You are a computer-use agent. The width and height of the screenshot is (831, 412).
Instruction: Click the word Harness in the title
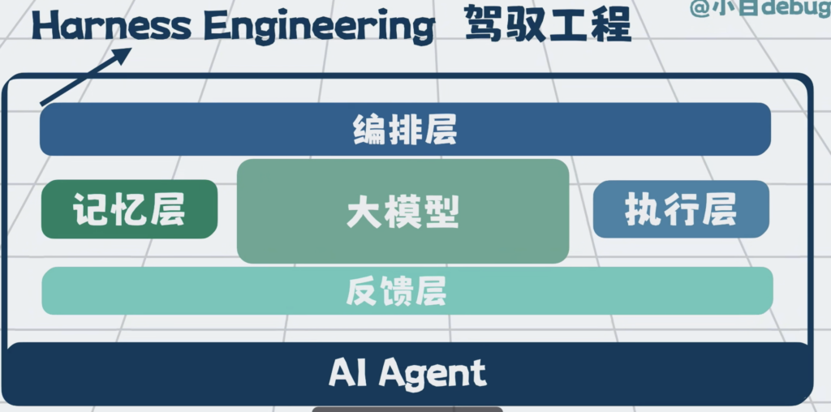point(110,26)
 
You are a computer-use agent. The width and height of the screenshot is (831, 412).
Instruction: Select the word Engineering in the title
point(319,28)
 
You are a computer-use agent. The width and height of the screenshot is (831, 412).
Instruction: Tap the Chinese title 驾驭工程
point(548,24)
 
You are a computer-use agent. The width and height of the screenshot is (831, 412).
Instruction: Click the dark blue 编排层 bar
point(406,129)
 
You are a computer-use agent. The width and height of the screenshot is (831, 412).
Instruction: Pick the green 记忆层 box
point(129,209)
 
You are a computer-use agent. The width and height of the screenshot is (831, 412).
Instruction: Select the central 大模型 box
point(403,212)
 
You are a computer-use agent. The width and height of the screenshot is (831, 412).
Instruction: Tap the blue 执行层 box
point(681,209)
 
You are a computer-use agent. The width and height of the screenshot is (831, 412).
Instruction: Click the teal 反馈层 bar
point(407,290)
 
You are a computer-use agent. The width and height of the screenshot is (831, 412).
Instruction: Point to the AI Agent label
point(407,373)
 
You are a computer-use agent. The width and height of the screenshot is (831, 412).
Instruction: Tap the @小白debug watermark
point(760,8)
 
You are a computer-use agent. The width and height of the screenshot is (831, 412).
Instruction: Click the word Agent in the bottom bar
point(433,375)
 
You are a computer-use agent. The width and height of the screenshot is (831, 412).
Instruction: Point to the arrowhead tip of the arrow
point(131,48)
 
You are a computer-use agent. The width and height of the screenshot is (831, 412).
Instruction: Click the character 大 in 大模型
point(364,212)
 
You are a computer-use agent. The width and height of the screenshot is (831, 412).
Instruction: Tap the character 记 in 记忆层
point(91,209)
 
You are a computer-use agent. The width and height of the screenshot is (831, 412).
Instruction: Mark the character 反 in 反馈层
point(362,290)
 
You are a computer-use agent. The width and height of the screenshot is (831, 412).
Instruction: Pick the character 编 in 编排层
point(369,129)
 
